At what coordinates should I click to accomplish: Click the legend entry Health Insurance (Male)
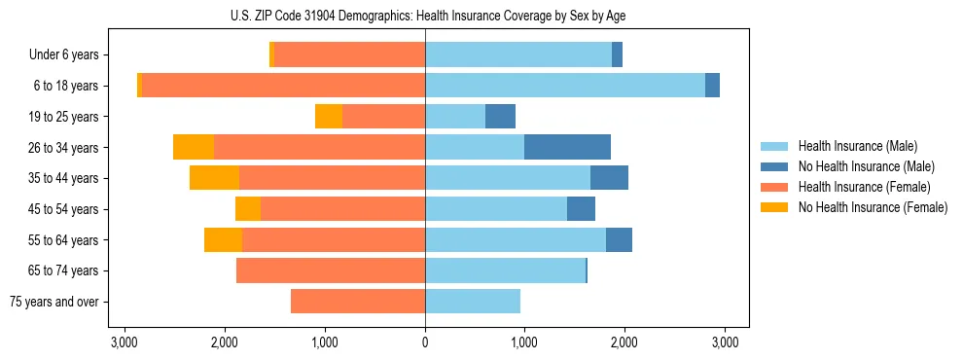pos(857,146)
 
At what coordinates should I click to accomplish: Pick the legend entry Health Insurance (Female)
pos(864,187)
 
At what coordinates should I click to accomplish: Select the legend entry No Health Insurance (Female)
pos(872,207)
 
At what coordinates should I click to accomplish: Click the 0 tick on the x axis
pos(425,342)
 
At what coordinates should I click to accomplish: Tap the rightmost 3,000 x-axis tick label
pos(724,342)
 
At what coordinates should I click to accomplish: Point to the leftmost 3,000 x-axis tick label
pos(125,342)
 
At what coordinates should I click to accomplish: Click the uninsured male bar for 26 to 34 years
pos(567,147)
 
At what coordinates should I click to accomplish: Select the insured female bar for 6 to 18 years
pos(283,86)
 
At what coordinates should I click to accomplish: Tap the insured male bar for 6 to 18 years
pos(565,86)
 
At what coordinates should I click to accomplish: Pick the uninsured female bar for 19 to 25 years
pos(329,117)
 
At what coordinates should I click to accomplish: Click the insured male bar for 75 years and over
pos(473,302)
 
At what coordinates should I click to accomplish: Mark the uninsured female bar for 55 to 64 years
pos(223,239)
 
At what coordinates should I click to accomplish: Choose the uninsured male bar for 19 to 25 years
pos(500,117)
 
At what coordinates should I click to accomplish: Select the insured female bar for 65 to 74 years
pos(331,270)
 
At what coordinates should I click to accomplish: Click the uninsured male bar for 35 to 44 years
pos(609,178)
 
